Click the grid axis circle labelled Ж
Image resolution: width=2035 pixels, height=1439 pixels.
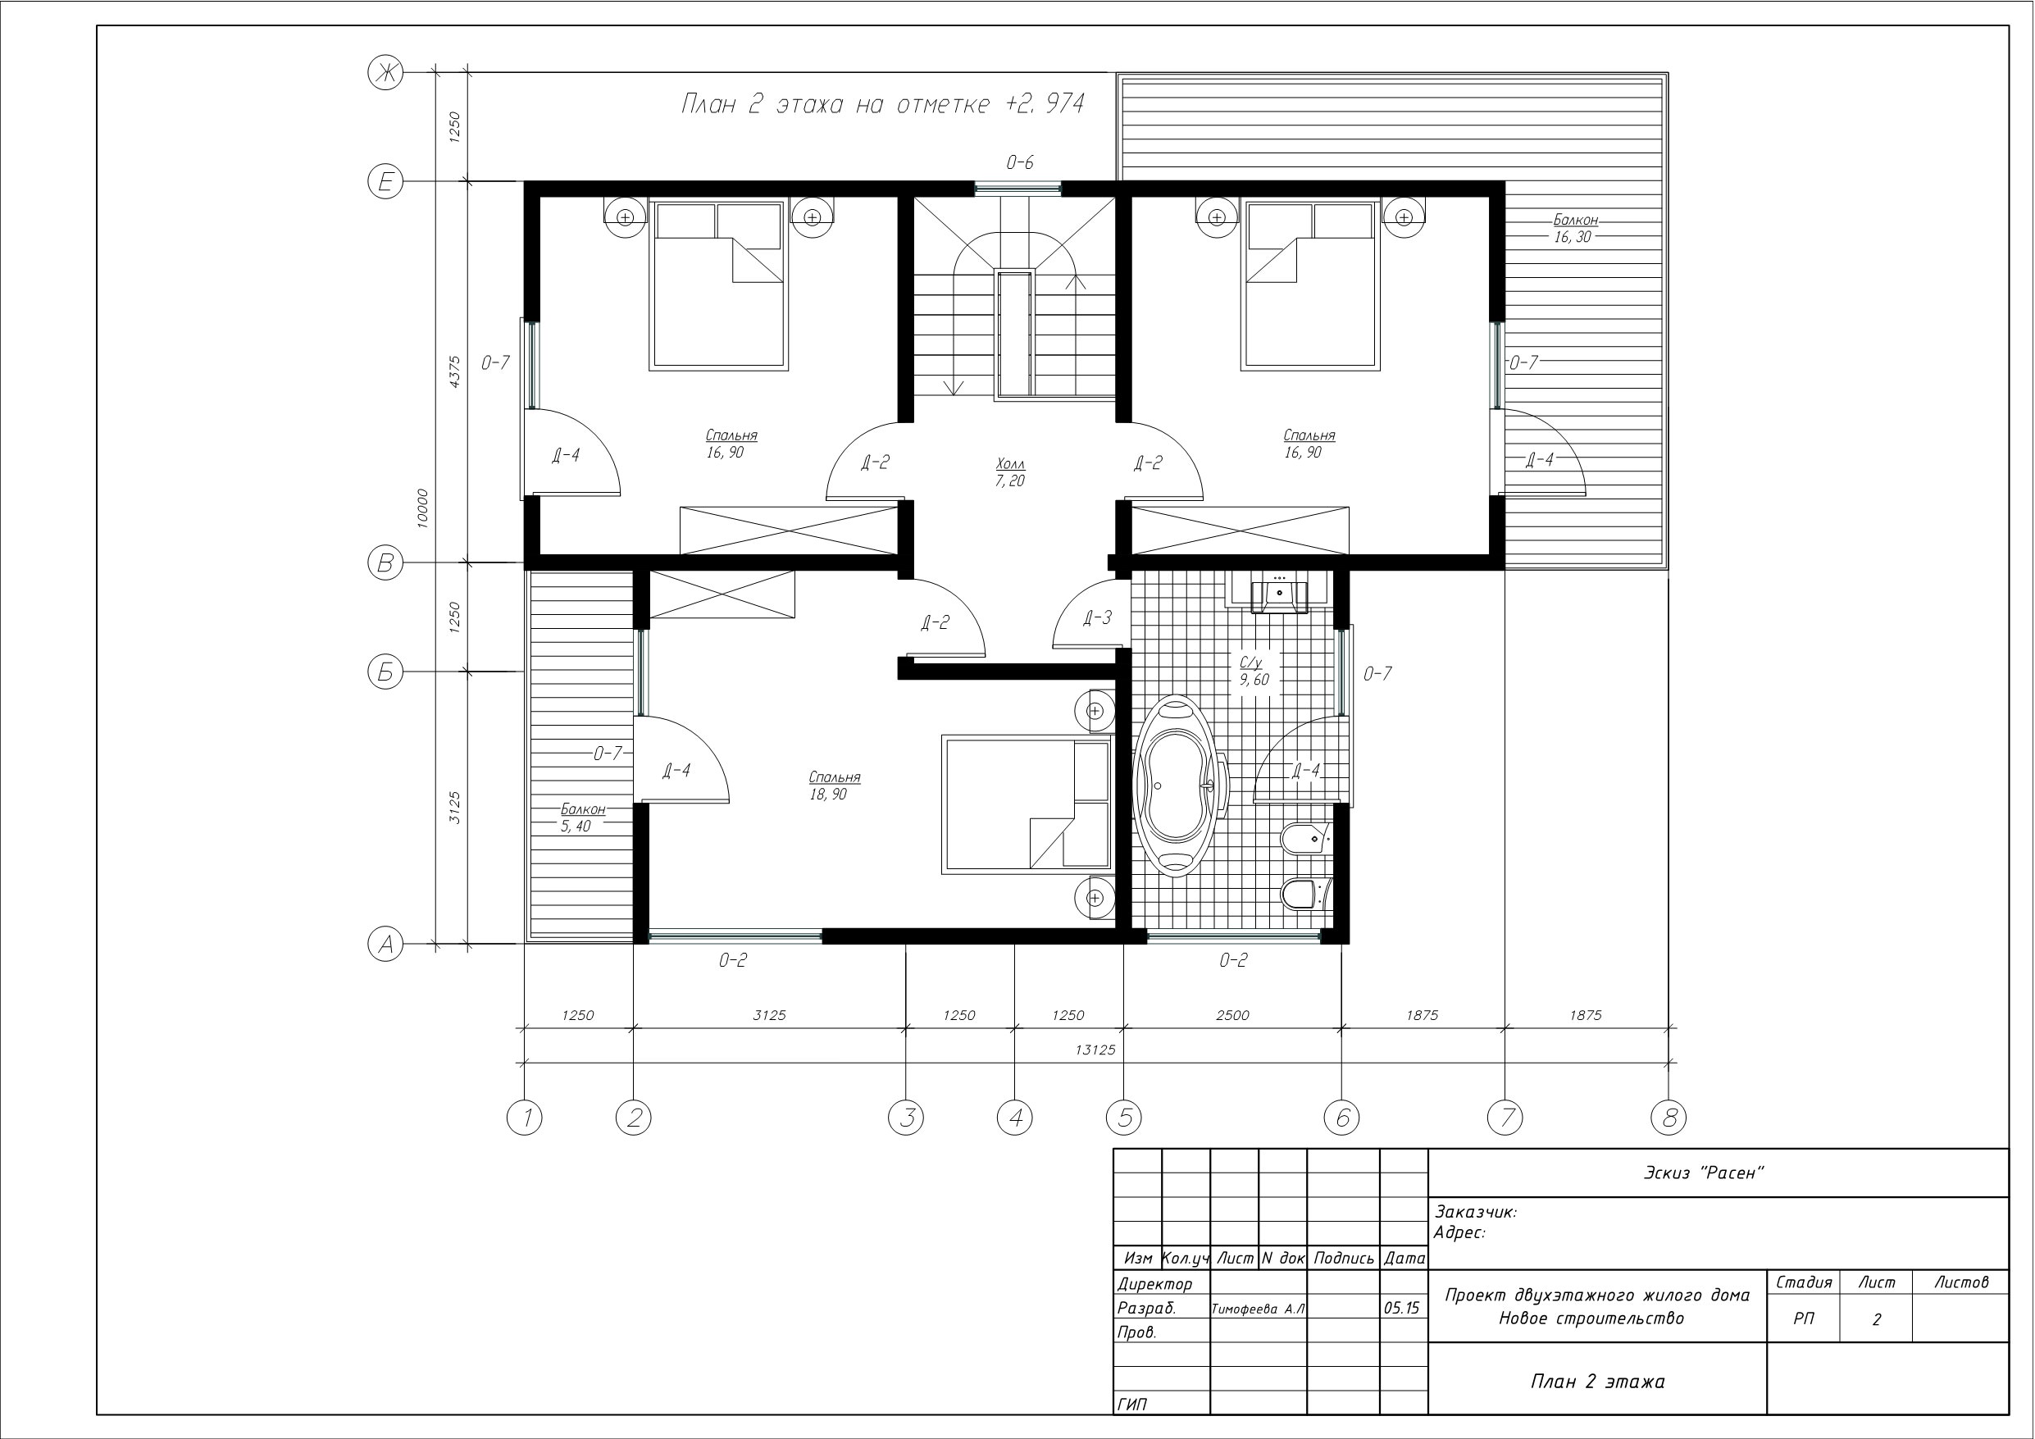(x=385, y=73)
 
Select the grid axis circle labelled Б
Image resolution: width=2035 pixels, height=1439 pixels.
(x=385, y=672)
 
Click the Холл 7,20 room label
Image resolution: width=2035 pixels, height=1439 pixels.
(x=1009, y=472)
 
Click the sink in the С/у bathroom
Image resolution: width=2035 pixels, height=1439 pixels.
(x=1278, y=592)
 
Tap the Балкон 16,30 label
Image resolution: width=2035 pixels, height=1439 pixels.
(x=1574, y=228)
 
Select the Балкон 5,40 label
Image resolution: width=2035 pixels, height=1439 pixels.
(x=581, y=817)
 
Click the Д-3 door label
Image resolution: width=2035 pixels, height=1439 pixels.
(x=1097, y=618)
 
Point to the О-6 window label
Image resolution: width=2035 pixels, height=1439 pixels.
(x=1019, y=162)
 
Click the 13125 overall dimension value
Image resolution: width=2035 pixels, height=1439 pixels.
(x=1095, y=1050)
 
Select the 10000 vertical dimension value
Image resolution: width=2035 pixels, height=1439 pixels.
(x=423, y=508)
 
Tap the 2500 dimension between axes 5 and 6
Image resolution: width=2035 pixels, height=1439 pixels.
(x=1232, y=1015)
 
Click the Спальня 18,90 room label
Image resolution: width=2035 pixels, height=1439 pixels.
(x=834, y=786)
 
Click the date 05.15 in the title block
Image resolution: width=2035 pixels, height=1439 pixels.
(x=1401, y=1308)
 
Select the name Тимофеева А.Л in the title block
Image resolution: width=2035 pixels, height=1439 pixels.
(x=1259, y=1309)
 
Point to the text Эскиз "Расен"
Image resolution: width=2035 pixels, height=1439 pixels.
(x=1704, y=1173)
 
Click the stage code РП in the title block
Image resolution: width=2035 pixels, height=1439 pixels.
(x=1804, y=1318)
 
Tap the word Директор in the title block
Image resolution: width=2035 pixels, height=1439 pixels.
(x=1155, y=1284)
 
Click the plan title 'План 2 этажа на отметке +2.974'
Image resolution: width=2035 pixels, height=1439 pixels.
(x=883, y=105)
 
